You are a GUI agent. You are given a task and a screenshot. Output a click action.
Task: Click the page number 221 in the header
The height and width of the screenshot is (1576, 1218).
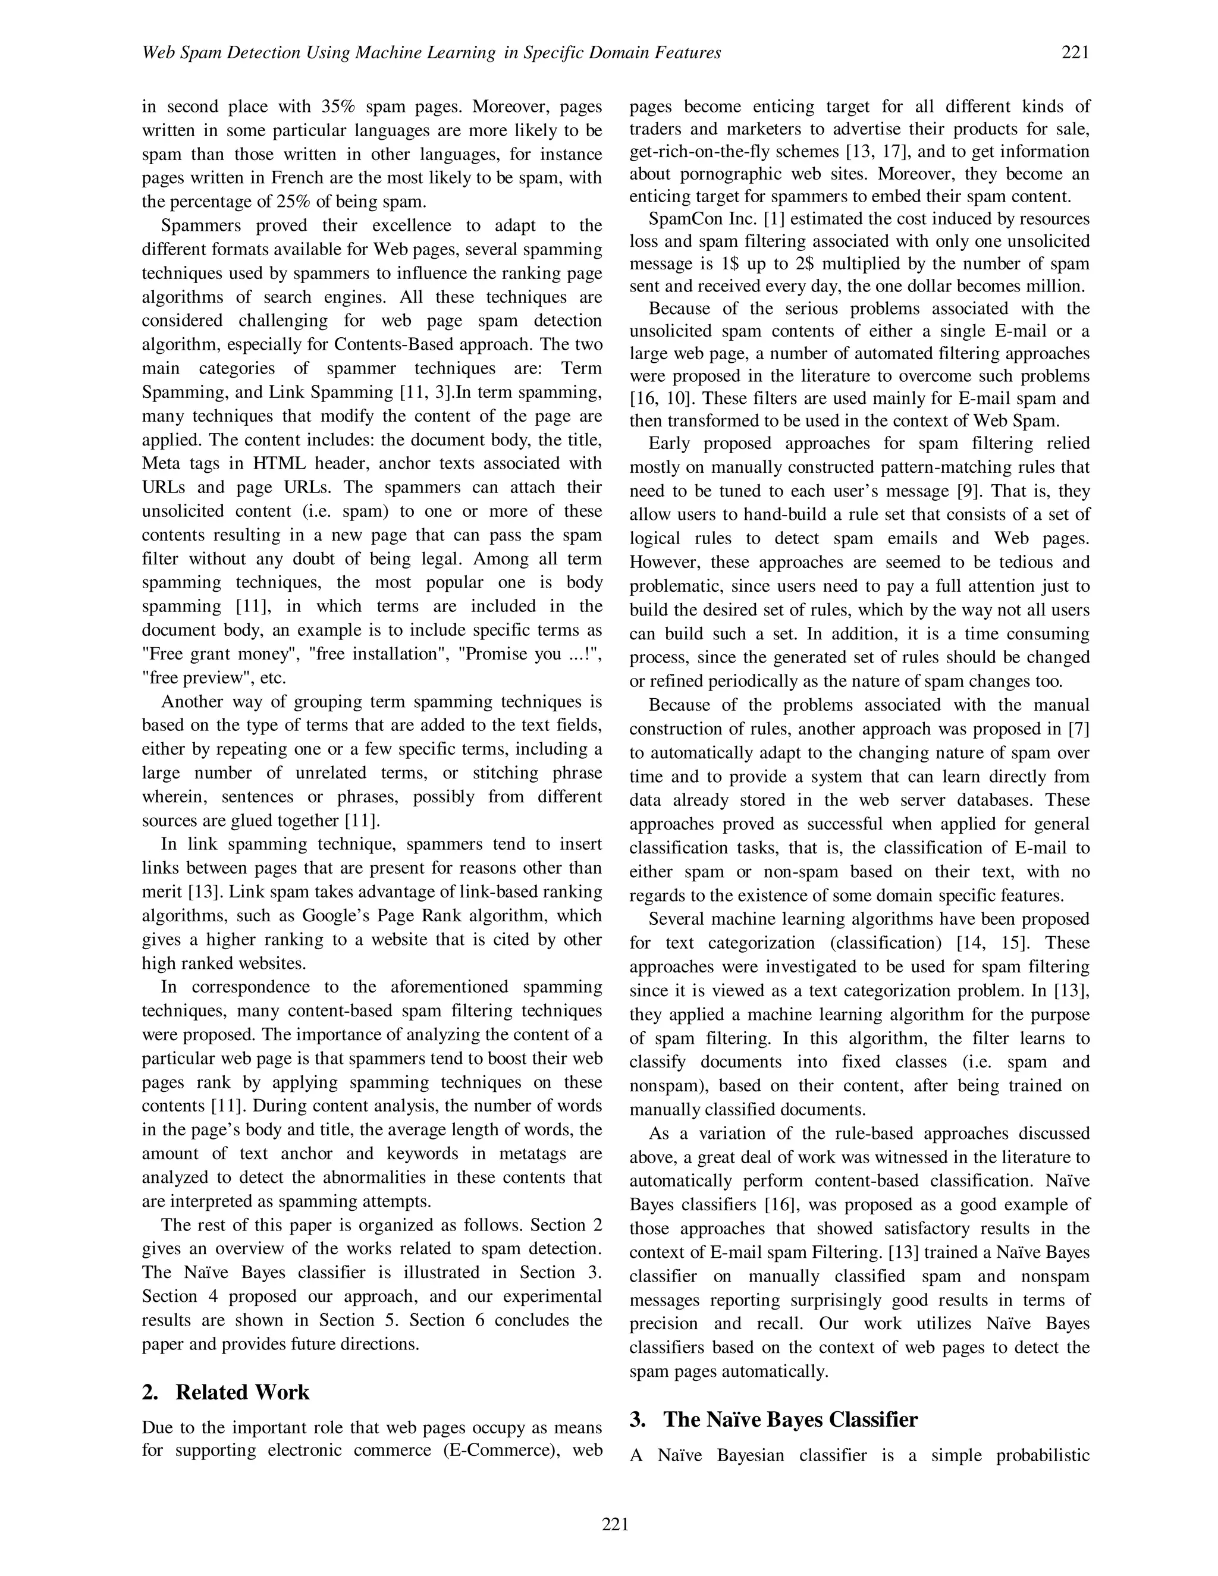click(1075, 53)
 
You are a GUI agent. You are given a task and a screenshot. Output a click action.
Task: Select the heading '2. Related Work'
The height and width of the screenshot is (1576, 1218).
click(226, 1392)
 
